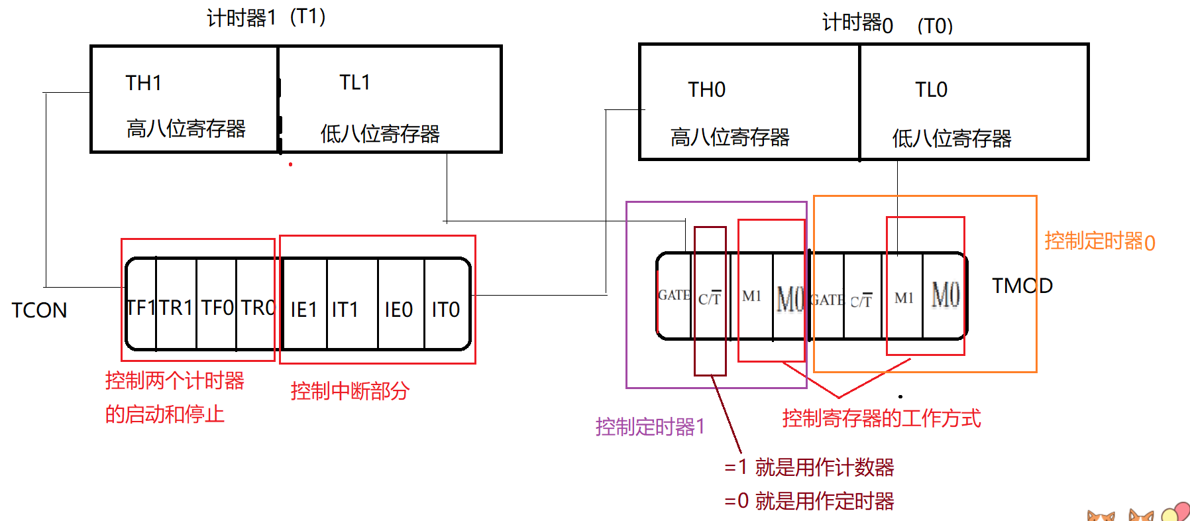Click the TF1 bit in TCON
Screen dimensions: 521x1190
pyautogui.click(x=140, y=308)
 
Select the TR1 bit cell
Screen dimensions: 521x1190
pyautogui.click(x=176, y=308)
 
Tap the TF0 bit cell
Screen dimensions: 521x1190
pyautogui.click(x=217, y=308)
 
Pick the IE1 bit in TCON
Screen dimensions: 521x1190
pyautogui.click(x=304, y=310)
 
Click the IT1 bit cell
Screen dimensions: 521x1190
pyautogui.click(x=345, y=310)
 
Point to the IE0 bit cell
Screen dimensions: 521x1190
pyautogui.click(x=399, y=310)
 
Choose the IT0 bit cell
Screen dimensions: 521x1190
pyautogui.click(x=446, y=310)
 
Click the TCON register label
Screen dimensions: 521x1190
pyautogui.click(x=39, y=310)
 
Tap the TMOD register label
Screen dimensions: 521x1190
pyautogui.click(x=1022, y=286)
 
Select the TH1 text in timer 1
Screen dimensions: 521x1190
pyautogui.click(x=144, y=83)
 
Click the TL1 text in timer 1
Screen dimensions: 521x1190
pyautogui.click(x=354, y=82)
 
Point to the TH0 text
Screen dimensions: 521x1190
pyautogui.click(x=706, y=89)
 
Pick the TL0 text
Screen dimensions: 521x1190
pyautogui.click(x=931, y=89)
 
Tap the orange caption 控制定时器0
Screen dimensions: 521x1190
pyautogui.click(x=1100, y=241)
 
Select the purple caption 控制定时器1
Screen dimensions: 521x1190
pyautogui.click(x=650, y=427)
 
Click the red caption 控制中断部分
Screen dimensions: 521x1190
pyautogui.click(x=350, y=391)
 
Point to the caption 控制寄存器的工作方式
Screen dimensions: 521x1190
pyautogui.click(x=881, y=418)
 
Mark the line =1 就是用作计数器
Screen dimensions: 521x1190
pyautogui.click(x=809, y=467)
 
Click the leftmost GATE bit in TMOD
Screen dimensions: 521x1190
pyautogui.click(x=674, y=295)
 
